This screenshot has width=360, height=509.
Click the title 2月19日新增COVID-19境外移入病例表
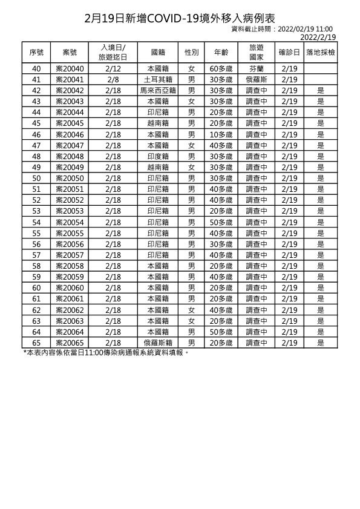[180, 18]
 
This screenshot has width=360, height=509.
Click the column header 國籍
[157, 53]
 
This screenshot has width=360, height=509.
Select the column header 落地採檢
[321, 53]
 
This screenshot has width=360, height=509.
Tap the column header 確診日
[289, 53]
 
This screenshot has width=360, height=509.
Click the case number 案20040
[70, 68]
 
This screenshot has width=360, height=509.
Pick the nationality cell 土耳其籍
[157, 79]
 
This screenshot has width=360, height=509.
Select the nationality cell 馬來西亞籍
[157, 90]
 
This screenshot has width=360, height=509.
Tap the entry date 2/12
[113, 68]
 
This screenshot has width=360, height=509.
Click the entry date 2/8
[113, 79]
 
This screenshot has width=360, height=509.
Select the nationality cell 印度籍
[157, 156]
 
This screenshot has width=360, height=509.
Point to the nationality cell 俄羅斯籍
[157, 343]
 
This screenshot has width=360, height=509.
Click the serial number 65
[36, 343]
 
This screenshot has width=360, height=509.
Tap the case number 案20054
[70, 222]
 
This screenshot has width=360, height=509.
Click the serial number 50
[36, 178]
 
